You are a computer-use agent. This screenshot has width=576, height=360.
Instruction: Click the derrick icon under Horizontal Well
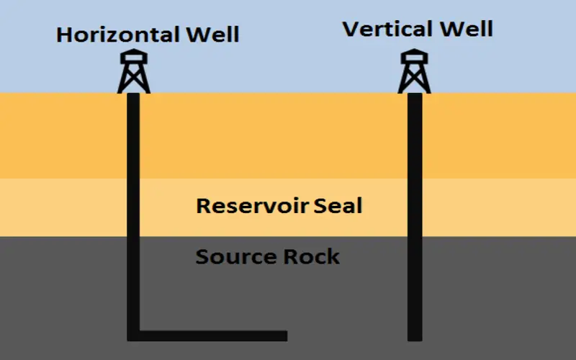coord(134,72)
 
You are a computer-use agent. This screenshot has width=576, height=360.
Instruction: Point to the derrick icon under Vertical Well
coord(414,72)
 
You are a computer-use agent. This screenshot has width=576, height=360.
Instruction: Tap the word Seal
coord(338,207)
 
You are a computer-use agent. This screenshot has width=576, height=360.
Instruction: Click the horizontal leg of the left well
coord(216,336)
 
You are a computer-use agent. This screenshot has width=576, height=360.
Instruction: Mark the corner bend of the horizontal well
coord(134,335)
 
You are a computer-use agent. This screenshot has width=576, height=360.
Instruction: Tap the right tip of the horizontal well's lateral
coord(285,336)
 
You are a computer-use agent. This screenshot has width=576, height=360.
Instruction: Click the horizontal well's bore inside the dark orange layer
coord(134,137)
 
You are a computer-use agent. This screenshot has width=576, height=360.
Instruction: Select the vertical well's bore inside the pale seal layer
coord(414,207)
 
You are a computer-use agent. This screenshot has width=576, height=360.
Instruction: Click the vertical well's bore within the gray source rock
coord(414,288)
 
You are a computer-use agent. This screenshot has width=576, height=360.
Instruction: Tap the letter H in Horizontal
coord(65,34)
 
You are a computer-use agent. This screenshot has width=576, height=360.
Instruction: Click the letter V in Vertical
coord(351,30)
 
